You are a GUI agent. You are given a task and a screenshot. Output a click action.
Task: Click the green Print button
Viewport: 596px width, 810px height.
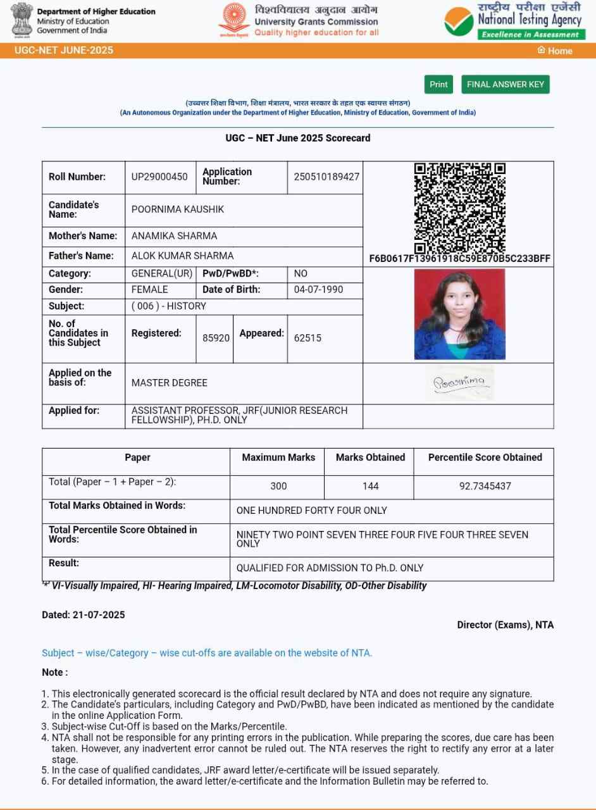tap(438, 84)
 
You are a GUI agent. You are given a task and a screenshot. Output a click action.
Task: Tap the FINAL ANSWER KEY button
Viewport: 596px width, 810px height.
tap(505, 84)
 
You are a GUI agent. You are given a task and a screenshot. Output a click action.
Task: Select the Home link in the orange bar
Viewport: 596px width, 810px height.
tap(555, 51)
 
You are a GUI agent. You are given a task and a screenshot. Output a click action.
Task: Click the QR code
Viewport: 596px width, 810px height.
tap(459, 208)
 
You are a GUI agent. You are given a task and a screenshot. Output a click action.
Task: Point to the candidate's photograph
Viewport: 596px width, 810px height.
tap(459, 314)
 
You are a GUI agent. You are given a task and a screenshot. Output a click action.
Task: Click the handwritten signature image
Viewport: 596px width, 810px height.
tap(459, 382)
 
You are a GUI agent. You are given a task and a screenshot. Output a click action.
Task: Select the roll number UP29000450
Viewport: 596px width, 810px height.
tap(159, 177)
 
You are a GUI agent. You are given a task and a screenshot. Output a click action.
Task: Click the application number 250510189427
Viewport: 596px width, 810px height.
tap(326, 177)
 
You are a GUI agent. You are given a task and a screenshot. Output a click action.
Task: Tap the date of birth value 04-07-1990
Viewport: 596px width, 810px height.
tap(319, 290)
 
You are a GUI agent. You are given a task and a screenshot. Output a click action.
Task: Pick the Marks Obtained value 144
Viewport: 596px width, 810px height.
tap(371, 486)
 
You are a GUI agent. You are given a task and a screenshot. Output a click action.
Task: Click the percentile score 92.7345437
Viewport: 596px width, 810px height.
tap(485, 486)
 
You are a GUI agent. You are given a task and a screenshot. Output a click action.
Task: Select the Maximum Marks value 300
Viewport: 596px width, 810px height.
tap(278, 486)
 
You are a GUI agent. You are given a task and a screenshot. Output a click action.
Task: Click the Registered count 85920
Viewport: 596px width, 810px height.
tap(216, 338)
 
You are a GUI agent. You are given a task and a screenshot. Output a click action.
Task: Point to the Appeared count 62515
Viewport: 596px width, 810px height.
tap(307, 338)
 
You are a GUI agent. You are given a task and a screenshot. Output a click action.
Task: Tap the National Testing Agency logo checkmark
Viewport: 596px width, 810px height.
tap(458, 22)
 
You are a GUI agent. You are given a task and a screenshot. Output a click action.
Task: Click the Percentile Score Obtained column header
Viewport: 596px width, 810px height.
tap(485, 457)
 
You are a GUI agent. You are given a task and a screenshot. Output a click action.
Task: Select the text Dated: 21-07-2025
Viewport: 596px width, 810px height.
tap(84, 614)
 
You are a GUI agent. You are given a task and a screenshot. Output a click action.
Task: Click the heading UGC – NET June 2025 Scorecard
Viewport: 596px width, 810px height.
tap(297, 138)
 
